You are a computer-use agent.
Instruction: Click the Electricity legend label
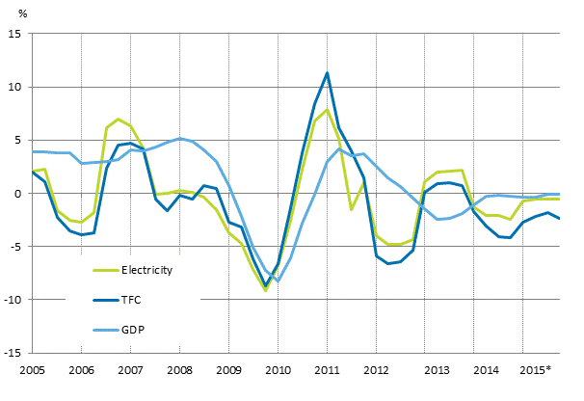click(146, 270)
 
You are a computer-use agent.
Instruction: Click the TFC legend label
click(133, 300)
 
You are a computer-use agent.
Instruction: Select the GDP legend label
click(134, 330)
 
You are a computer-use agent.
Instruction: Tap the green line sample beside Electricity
click(105, 270)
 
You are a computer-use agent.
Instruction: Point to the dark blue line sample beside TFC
click(105, 300)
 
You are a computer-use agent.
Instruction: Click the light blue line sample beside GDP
click(105, 330)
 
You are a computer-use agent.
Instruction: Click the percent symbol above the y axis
click(38, 12)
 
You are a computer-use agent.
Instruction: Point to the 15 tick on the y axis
click(16, 34)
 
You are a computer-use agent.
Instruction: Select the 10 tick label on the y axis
click(16, 87)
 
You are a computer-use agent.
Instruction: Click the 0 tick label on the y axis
click(19, 194)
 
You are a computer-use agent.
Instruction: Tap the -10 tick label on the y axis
click(14, 300)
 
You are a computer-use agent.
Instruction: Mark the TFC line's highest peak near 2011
click(328, 73)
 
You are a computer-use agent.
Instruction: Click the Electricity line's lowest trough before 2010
click(265, 290)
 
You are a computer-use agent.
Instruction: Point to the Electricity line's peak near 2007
click(119, 120)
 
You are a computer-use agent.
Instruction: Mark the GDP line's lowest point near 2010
click(278, 281)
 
